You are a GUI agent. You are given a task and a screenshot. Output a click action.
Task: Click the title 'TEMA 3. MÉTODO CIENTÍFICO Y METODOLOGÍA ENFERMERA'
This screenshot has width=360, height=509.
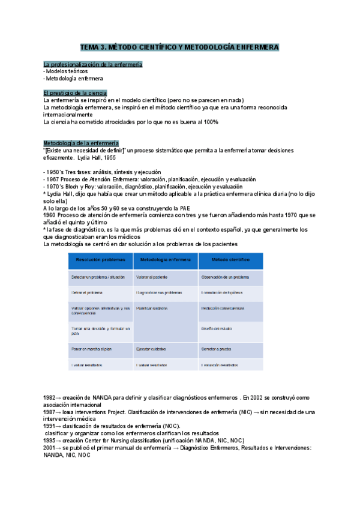pyautogui.click(x=179, y=47)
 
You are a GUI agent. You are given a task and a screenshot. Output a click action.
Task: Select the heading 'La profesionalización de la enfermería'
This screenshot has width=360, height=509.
pyautogui.click(x=92, y=64)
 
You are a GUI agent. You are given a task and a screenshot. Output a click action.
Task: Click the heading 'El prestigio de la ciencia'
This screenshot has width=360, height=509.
pyautogui.click(x=75, y=93)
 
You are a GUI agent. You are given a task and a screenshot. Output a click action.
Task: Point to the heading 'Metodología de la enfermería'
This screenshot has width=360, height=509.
pyautogui.click(x=81, y=143)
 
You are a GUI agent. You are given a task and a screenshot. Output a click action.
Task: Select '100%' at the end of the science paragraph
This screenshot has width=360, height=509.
pyautogui.click(x=211, y=122)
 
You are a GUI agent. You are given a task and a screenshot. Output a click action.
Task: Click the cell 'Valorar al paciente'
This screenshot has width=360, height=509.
pyautogui.click(x=152, y=277)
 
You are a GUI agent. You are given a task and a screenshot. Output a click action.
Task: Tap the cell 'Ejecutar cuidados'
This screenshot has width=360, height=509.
pyautogui.click(x=153, y=349)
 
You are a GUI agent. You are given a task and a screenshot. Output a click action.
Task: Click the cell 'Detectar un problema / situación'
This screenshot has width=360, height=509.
pyautogui.click(x=98, y=277)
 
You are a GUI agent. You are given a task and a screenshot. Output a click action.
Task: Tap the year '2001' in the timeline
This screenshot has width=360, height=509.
pyautogui.click(x=50, y=448)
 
